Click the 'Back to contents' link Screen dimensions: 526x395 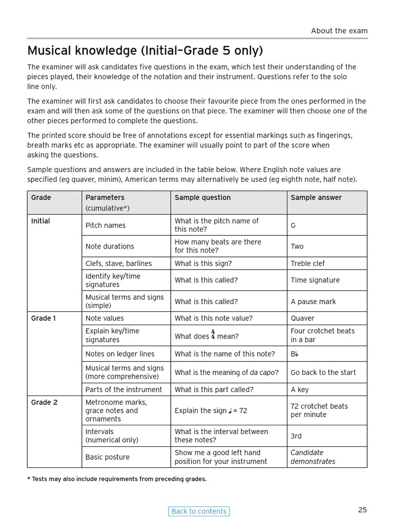coord(199,511)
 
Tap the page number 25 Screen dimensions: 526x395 coord(363,510)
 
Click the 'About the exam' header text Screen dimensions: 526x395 coord(339,31)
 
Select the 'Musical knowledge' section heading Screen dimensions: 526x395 coord(145,50)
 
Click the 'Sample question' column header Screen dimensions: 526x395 coord(203,198)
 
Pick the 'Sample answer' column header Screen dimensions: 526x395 coord(316,198)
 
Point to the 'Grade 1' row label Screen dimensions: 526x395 coord(44,318)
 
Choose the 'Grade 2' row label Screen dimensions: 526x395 coord(44,403)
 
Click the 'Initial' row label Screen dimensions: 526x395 coord(41,221)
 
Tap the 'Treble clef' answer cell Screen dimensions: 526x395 coord(308,264)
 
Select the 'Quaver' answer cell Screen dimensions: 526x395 coord(302,318)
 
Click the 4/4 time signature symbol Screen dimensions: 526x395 coord(213,335)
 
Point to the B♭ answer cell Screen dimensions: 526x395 coord(295,354)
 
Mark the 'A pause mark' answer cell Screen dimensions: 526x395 coord(313,302)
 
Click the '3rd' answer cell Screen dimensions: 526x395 coord(296,436)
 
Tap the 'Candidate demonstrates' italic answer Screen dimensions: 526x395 coord(313,457)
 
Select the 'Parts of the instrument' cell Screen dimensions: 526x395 coord(123,389)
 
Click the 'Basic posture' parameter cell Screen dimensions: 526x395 coord(107,457)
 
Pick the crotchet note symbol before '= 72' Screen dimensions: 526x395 coord(231,410)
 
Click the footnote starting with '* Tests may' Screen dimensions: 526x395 coord(117,479)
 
